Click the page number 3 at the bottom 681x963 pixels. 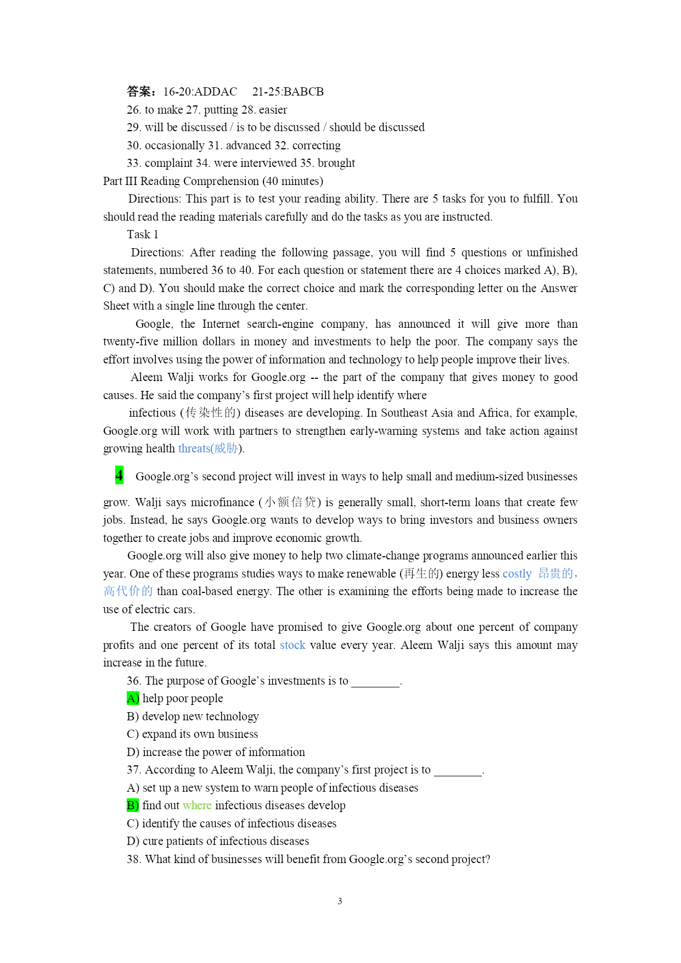click(340, 901)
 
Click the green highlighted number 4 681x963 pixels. click(119, 475)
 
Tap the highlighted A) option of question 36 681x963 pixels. click(133, 698)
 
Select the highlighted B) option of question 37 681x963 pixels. click(133, 805)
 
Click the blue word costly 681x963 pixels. click(517, 574)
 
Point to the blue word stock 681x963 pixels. click(292, 645)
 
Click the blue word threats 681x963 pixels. click(194, 449)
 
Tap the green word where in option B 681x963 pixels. click(197, 805)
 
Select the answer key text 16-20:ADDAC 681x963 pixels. click(200, 92)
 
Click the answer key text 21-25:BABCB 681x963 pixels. click(288, 92)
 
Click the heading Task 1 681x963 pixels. click(143, 234)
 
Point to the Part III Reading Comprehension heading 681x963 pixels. click(213, 181)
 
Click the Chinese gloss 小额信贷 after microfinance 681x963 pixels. click(290, 502)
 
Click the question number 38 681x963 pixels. click(133, 859)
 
